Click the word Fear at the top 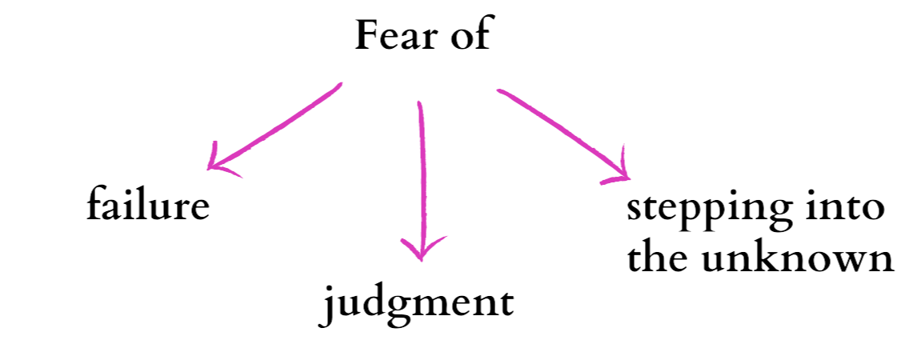tap(390, 38)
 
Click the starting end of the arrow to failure tap(341, 84)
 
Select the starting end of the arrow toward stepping tap(498, 91)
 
